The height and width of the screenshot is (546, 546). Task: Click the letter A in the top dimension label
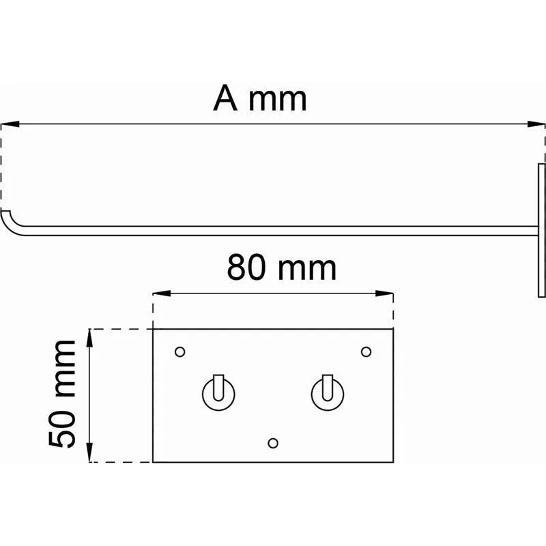225,98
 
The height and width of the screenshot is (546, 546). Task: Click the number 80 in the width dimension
246,267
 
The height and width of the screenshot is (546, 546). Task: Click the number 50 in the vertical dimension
62,429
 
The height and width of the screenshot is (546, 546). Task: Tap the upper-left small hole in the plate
179,351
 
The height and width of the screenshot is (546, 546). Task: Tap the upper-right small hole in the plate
366,351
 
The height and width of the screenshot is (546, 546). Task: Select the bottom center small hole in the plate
273,443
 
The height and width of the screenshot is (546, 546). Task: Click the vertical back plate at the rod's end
542,231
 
